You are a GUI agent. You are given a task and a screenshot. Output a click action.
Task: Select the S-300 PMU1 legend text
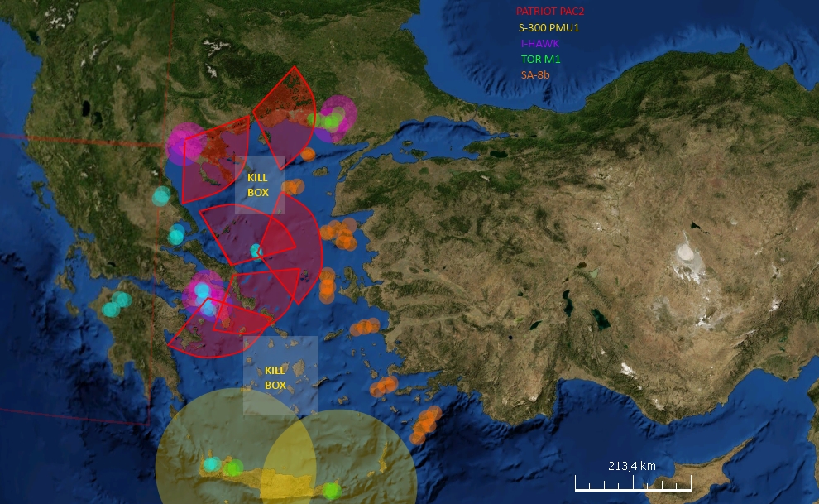click(x=543, y=27)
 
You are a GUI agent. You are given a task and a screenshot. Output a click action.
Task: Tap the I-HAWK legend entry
click(x=539, y=43)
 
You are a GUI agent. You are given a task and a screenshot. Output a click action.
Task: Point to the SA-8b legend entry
click(x=535, y=74)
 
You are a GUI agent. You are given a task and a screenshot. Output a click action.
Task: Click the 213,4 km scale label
click(x=631, y=466)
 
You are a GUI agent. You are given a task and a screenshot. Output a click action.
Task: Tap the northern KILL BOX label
click(x=258, y=185)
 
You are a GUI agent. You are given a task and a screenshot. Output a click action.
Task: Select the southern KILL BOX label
click(x=275, y=377)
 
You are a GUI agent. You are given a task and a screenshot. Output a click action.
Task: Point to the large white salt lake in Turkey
click(x=686, y=251)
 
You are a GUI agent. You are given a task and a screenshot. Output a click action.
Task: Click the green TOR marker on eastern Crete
click(x=331, y=491)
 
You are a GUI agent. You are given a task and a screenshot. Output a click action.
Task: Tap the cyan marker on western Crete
click(x=213, y=464)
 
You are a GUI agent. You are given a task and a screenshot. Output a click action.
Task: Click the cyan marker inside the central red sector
click(x=257, y=250)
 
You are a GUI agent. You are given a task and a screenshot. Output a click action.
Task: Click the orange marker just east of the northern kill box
click(x=293, y=186)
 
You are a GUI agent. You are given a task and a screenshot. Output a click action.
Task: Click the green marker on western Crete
click(x=233, y=468)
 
